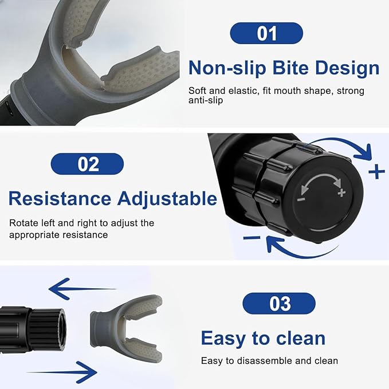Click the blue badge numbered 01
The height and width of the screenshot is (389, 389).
tap(266, 33)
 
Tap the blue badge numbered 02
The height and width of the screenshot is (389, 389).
tap(87, 164)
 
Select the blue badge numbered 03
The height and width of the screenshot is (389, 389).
tap(279, 304)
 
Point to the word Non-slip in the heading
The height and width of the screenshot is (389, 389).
tap(227, 68)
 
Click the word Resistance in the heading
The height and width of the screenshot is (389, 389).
tap(60, 198)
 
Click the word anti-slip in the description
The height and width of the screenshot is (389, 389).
tap(206, 100)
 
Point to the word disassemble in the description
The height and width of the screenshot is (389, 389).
tap(265, 361)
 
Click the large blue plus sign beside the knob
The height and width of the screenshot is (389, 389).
tap(376, 171)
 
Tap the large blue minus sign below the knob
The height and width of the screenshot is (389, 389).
tap(252, 238)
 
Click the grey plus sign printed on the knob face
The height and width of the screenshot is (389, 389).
tap(341, 192)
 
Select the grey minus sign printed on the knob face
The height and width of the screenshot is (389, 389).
tap(301, 199)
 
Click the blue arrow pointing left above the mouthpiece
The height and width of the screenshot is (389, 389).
tap(82, 289)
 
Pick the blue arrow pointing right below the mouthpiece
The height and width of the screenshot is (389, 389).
tap(62, 372)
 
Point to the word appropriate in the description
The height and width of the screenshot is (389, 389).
tap(34, 235)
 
